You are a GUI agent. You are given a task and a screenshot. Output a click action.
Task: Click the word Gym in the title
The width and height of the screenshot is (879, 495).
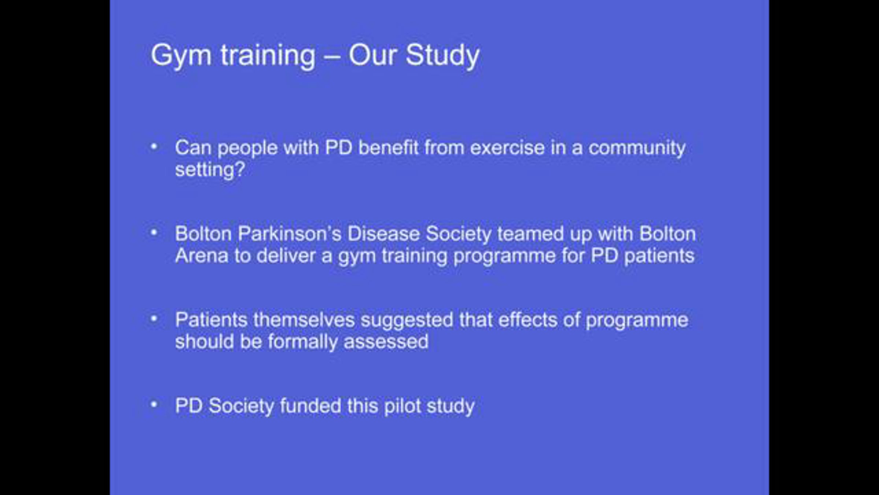[181, 56]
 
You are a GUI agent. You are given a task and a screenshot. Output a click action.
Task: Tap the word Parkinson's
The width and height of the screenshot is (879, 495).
[289, 234]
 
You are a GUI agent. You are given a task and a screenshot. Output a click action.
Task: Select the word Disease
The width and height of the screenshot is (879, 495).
[383, 234]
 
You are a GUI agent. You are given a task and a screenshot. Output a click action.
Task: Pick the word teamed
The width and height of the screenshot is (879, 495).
[530, 234]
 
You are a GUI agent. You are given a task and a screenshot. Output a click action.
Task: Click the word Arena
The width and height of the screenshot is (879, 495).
[201, 256]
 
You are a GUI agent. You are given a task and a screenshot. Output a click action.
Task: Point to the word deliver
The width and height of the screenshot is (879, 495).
[286, 256]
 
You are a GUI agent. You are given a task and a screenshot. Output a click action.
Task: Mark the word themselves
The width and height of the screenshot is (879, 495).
[304, 320]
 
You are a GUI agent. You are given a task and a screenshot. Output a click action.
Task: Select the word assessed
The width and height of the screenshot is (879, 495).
[386, 342]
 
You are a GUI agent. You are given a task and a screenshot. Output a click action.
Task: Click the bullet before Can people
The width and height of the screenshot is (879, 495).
[154, 147]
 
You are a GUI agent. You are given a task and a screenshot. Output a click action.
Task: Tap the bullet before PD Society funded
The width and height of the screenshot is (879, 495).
[154, 405]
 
